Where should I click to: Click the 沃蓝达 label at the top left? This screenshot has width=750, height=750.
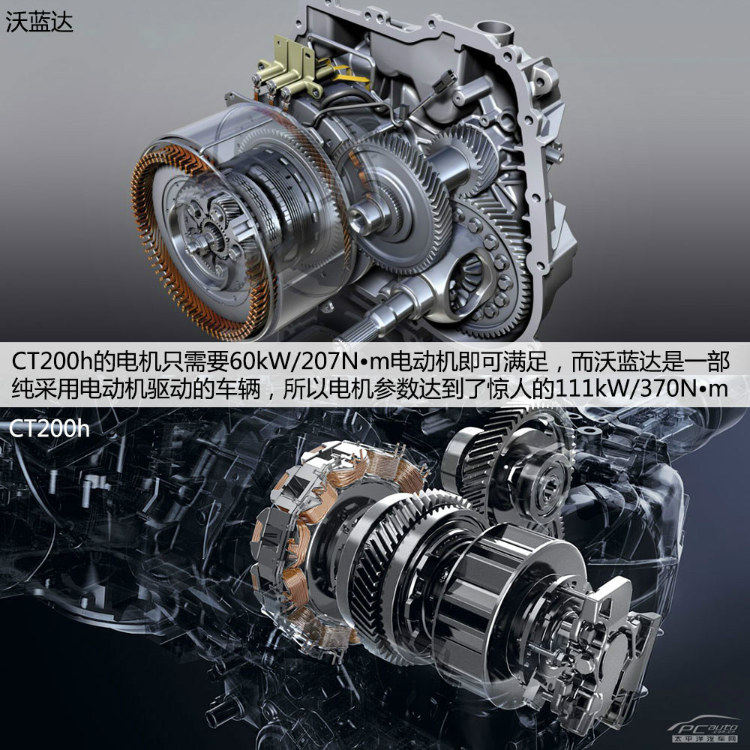(39, 22)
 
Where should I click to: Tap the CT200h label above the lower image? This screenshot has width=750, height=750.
(49, 428)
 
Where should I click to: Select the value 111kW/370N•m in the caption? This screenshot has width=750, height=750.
(641, 388)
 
